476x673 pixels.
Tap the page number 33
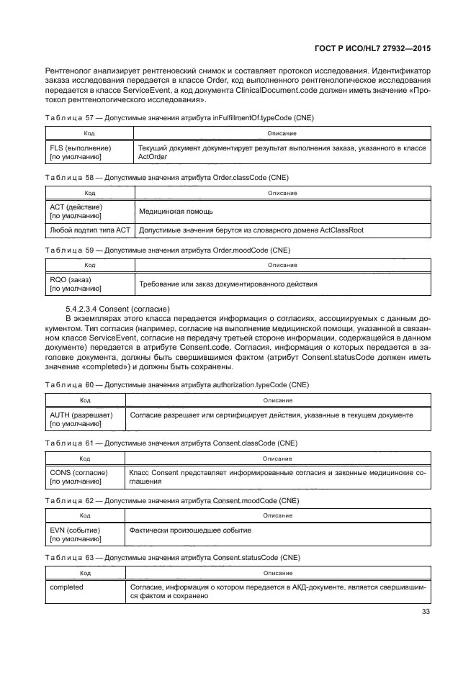pos(424,613)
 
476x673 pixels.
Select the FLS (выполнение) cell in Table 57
pos(80,153)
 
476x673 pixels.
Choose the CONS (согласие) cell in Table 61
pos(79,476)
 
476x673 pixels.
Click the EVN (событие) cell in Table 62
pos(75,534)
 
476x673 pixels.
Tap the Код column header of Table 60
pos(84,400)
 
